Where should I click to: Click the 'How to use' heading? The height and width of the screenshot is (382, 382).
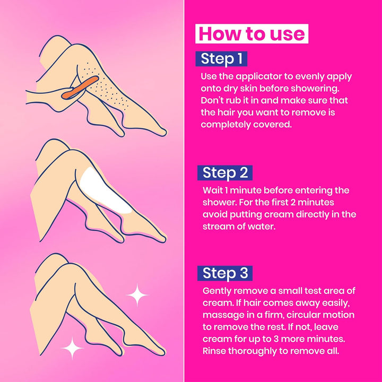tap(252, 33)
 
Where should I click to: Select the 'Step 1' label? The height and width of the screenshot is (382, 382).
tap(221, 58)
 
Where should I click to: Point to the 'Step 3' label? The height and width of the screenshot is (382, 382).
tap(225, 273)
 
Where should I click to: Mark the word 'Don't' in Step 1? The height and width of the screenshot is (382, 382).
tap(213, 100)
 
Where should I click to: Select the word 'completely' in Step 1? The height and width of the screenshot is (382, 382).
tap(226, 124)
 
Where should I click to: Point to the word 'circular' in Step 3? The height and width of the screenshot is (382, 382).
tap(294, 315)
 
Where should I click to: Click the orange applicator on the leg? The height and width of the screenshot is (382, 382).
tap(79, 88)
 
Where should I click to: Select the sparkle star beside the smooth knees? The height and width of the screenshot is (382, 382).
tap(137, 296)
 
